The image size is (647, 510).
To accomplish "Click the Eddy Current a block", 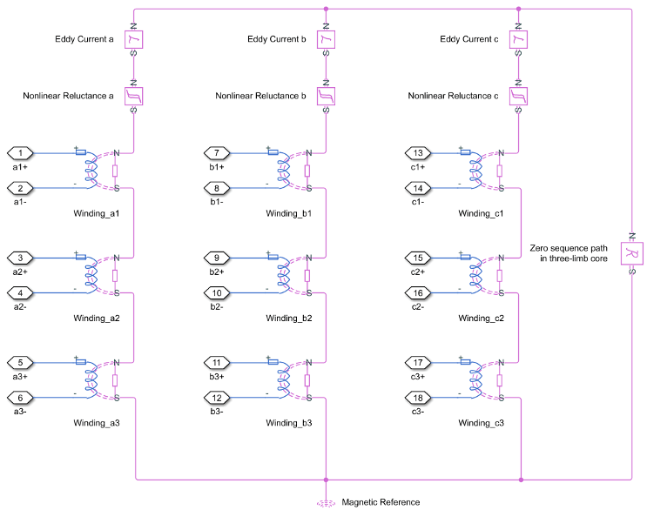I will (x=133, y=39).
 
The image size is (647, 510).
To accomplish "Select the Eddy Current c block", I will (x=518, y=39).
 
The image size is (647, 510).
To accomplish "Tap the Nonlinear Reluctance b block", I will (x=326, y=96).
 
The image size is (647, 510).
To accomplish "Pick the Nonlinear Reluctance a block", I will (x=133, y=96).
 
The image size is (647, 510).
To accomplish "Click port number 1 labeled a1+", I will (x=21, y=153).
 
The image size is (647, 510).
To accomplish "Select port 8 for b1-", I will (x=216, y=188).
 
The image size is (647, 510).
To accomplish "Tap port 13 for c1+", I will (x=420, y=153).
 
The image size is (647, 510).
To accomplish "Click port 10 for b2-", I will (x=216, y=292).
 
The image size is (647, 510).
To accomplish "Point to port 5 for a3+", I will (x=21, y=362).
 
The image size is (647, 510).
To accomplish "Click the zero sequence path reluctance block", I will (x=631, y=252).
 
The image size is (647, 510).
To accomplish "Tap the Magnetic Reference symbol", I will (x=326, y=502).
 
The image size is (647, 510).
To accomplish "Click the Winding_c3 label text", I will (x=482, y=423).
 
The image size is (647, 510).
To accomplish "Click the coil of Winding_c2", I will (x=475, y=275).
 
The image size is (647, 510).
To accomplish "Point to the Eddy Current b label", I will (x=275, y=39).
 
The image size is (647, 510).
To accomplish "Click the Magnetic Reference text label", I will (x=381, y=502).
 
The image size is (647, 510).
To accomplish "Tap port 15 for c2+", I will (x=420, y=258).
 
